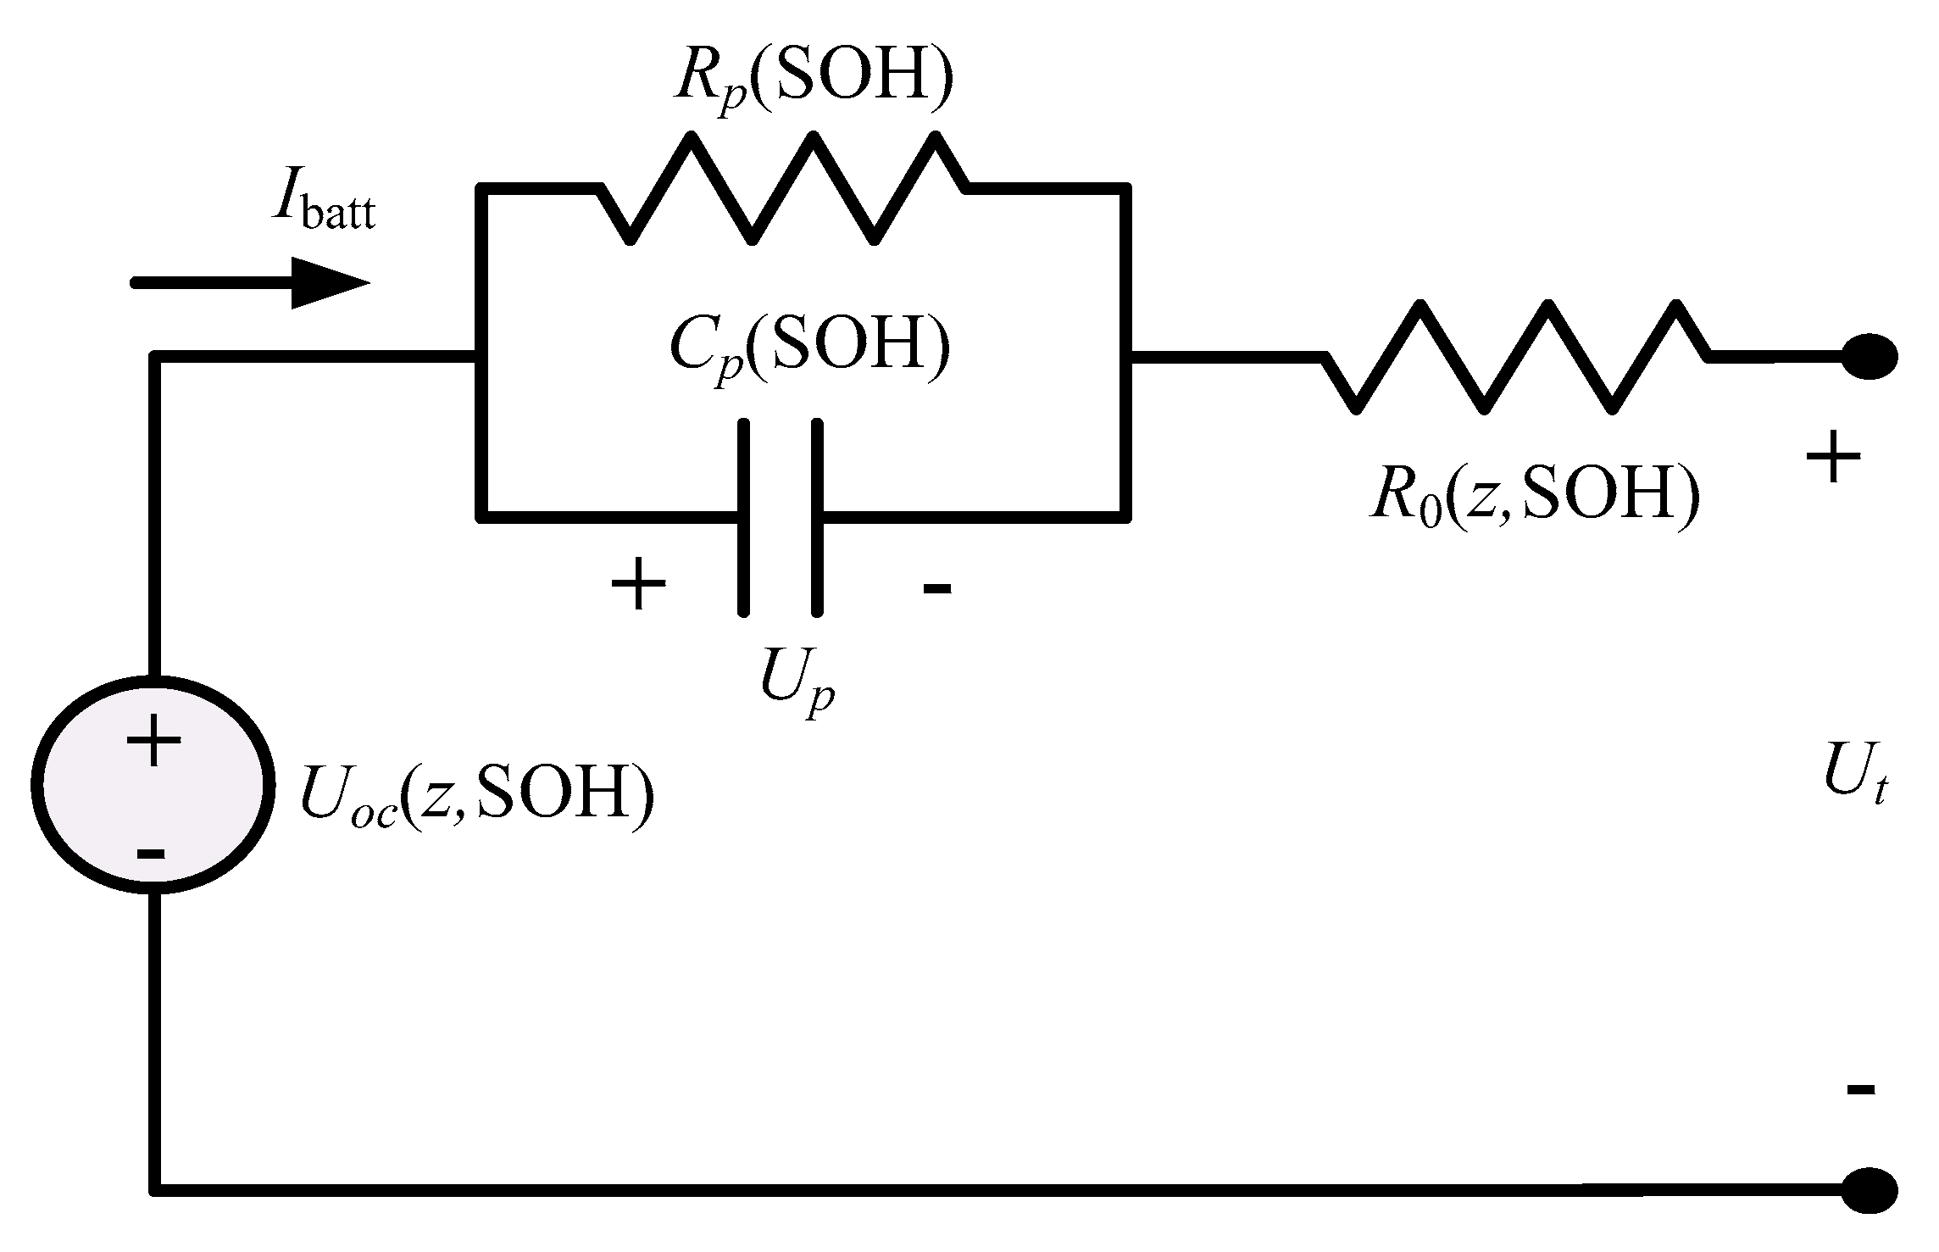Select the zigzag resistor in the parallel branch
pyautogui.click(x=784, y=188)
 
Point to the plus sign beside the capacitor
pyautogui.click(x=639, y=584)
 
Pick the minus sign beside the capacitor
pyautogui.click(x=937, y=587)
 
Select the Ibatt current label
pyautogui.click(x=323, y=208)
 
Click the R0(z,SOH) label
pyautogui.click(x=1535, y=496)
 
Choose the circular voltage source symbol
pyautogui.click(x=153, y=785)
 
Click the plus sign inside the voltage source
pyautogui.click(x=153, y=740)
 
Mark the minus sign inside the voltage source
pyautogui.click(x=151, y=854)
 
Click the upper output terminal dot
pyautogui.click(x=1870, y=357)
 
